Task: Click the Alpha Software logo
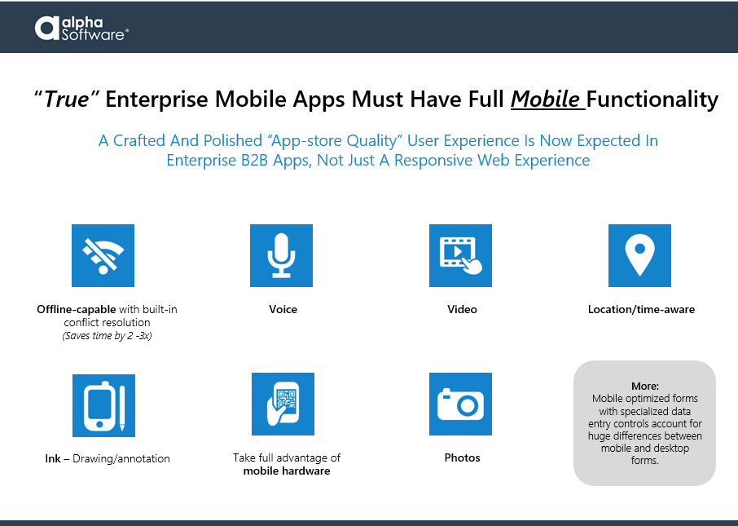point(81,29)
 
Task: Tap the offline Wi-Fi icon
point(103,255)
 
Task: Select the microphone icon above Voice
point(282,255)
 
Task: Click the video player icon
point(460,255)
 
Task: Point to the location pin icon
point(639,255)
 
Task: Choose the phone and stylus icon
point(103,405)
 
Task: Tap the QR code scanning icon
point(283,404)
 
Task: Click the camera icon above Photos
point(460,404)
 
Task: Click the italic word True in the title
point(66,99)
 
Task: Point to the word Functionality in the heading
point(652,99)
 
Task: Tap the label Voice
point(283,309)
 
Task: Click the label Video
point(462,309)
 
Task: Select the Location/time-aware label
point(641,309)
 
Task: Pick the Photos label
point(462,457)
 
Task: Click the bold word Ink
point(53,458)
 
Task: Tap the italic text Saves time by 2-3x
point(107,336)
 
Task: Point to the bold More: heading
point(645,386)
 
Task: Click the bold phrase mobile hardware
point(287,471)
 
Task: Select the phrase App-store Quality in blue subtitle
point(335,140)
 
